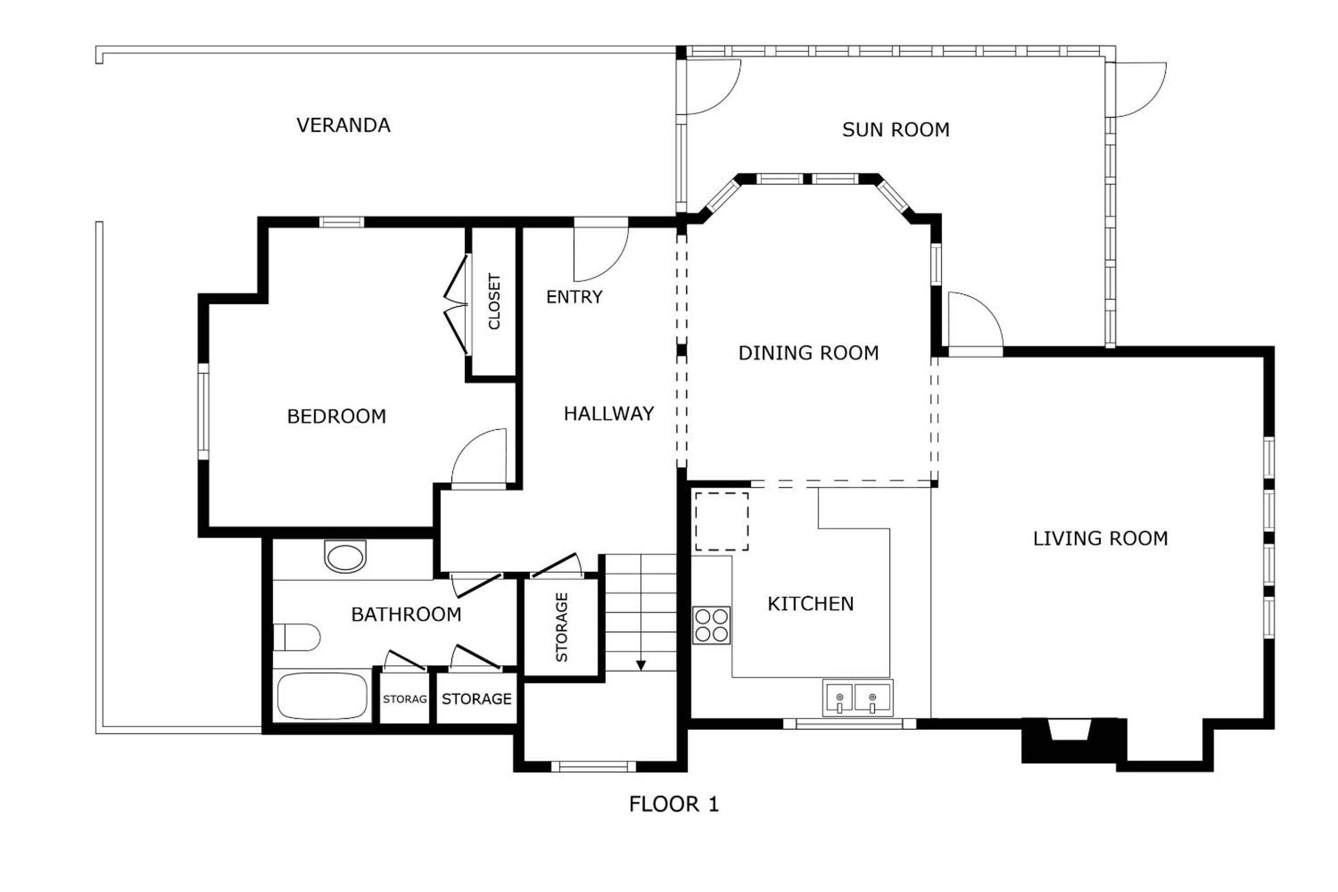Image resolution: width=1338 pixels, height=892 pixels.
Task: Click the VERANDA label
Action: pos(344,125)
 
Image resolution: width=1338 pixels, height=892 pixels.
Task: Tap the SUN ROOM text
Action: pos(896,130)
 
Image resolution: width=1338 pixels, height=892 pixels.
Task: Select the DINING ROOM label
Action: pos(808,353)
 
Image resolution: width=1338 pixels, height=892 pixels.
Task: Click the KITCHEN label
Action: pos(811,603)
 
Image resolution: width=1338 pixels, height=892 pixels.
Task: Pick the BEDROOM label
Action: pos(337,416)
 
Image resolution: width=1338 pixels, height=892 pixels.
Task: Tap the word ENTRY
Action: pos(574,297)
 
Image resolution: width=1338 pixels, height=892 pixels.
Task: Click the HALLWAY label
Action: pos(609,413)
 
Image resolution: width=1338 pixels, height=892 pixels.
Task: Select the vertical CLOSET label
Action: pos(494,302)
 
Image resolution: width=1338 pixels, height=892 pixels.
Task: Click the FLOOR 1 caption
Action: pos(674,804)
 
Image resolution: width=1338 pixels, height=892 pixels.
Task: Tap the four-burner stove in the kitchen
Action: pos(711,625)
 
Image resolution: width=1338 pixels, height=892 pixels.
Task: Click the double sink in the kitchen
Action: pos(857,698)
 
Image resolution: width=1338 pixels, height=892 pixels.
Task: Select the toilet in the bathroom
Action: pos(297,637)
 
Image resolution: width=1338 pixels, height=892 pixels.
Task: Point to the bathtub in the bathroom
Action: pos(322,697)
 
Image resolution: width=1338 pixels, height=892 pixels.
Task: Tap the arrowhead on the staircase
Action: pos(641,665)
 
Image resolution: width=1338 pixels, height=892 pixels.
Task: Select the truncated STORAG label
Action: pos(405,699)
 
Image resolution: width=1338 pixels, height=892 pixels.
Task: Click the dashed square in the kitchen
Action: pos(722,522)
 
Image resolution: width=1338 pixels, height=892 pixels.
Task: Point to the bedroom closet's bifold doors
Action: pos(457,306)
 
